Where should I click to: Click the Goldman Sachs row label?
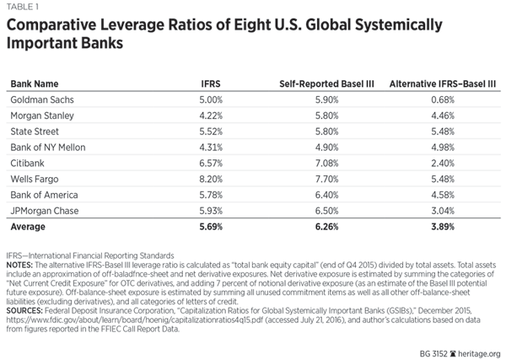pos(42,99)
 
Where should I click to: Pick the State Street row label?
pos(35,132)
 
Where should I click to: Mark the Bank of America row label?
pos(43,196)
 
